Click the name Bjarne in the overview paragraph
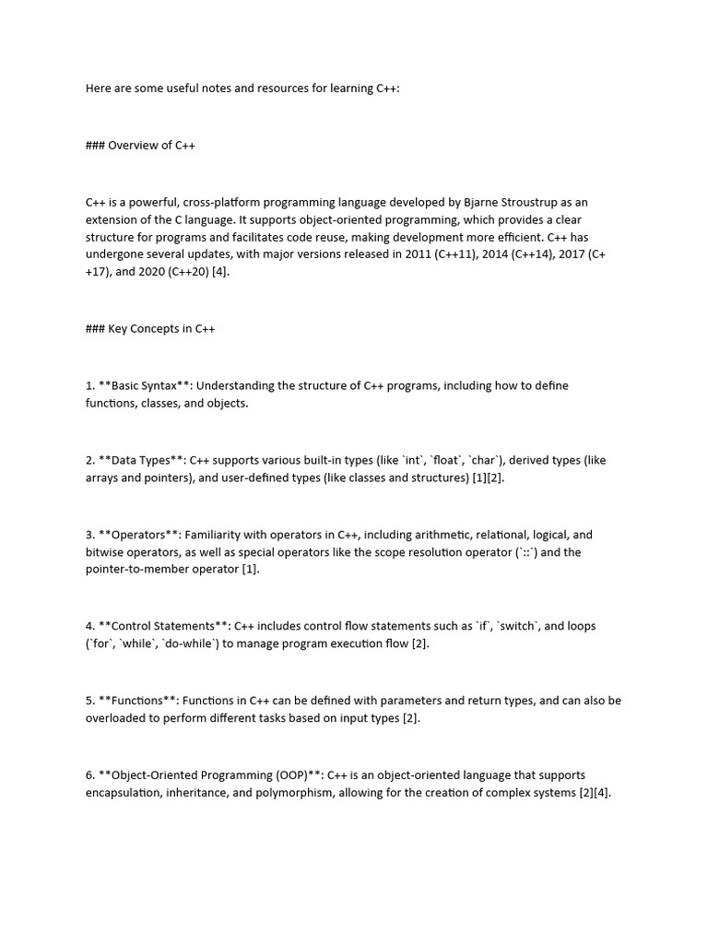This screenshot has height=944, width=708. (x=486, y=201)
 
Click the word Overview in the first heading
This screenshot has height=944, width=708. (x=135, y=146)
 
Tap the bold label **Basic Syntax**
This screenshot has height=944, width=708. (x=139, y=385)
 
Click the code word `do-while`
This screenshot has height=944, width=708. (x=199, y=643)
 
